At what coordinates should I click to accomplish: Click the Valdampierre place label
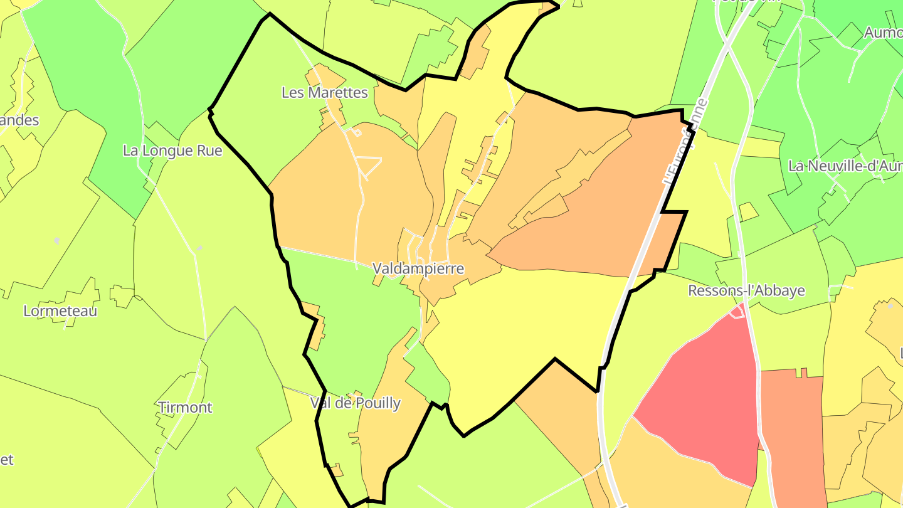pyautogui.click(x=418, y=268)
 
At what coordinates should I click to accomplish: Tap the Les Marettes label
pyautogui.click(x=324, y=92)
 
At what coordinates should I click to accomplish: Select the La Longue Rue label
pyautogui.click(x=172, y=151)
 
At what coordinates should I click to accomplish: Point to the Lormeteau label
pyautogui.click(x=60, y=310)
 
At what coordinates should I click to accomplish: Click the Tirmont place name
pyautogui.click(x=185, y=407)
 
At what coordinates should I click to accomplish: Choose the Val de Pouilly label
pyautogui.click(x=355, y=403)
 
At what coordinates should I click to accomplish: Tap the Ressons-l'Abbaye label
pyautogui.click(x=746, y=290)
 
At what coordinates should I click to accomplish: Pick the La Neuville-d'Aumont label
pyautogui.click(x=845, y=166)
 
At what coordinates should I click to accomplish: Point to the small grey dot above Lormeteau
pyautogui.click(x=57, y=241)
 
